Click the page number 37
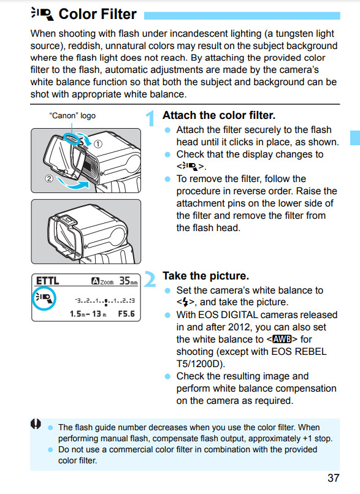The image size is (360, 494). pyautogui.click(x=333, y=478)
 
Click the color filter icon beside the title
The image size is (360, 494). pyautogui.click(x=42, y=14)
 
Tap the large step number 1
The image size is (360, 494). pyautogui.click(x=150, y=118)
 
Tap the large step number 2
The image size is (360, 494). pyautogui.click(x=150, y=279)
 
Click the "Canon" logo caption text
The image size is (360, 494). pyautogui.click(x=72, y=116)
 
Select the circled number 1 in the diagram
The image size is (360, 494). pyautogui.click(x=98, y=144)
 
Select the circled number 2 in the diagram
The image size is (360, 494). pyautogui.click(x=49, y=179)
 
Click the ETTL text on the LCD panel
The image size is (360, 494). pyautogui.click(x=48, y=280)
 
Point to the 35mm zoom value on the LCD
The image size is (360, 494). pyautogui.click(x=128, y=281)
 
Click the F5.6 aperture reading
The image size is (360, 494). pyautogui.click(x=126, y=314)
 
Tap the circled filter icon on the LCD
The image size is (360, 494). pyautogui.click(x=44, y=298)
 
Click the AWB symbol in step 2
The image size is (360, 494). pyautogui.click(x=282, y=340)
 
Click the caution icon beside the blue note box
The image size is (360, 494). pyautogui.click(x=36, y=424)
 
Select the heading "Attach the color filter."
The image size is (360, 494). pyautogui.click(x=219, y=115)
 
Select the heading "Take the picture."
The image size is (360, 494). pyautogui.click(x=205, y=276)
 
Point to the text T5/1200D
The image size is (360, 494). pyautogui.click(x=201, y=364)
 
